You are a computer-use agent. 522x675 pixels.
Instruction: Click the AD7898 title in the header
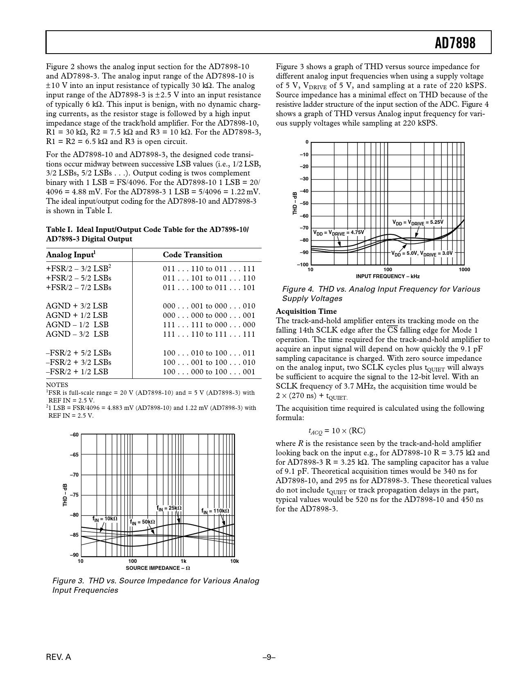coord(455,43)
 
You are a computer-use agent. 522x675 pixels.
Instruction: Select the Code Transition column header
coord(192,255)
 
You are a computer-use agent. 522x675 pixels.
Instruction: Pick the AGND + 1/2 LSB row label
coord(77,315)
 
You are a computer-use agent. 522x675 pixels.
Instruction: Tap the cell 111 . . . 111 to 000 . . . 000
coord(209,325)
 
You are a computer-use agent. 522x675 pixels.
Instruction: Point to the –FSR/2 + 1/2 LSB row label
coord(77,372)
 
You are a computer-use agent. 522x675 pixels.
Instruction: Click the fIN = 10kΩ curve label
coord(105,519)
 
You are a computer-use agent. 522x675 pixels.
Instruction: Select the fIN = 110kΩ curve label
coord(215,511)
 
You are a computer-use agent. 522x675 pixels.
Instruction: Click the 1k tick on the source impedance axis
coord(183,561)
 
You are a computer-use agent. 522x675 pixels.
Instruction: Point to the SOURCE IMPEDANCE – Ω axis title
coord(158,568)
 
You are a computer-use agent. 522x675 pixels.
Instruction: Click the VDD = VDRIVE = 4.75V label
coord(338,233)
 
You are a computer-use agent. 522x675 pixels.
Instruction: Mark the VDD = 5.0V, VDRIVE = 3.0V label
coord(422,254)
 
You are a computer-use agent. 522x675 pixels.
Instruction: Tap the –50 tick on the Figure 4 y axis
coord(304,204)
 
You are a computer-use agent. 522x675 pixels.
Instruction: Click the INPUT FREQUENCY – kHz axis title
coord(388,277)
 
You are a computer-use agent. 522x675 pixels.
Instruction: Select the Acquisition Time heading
coord(306,311)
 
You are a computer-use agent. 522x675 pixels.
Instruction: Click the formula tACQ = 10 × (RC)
coord(337,431)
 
